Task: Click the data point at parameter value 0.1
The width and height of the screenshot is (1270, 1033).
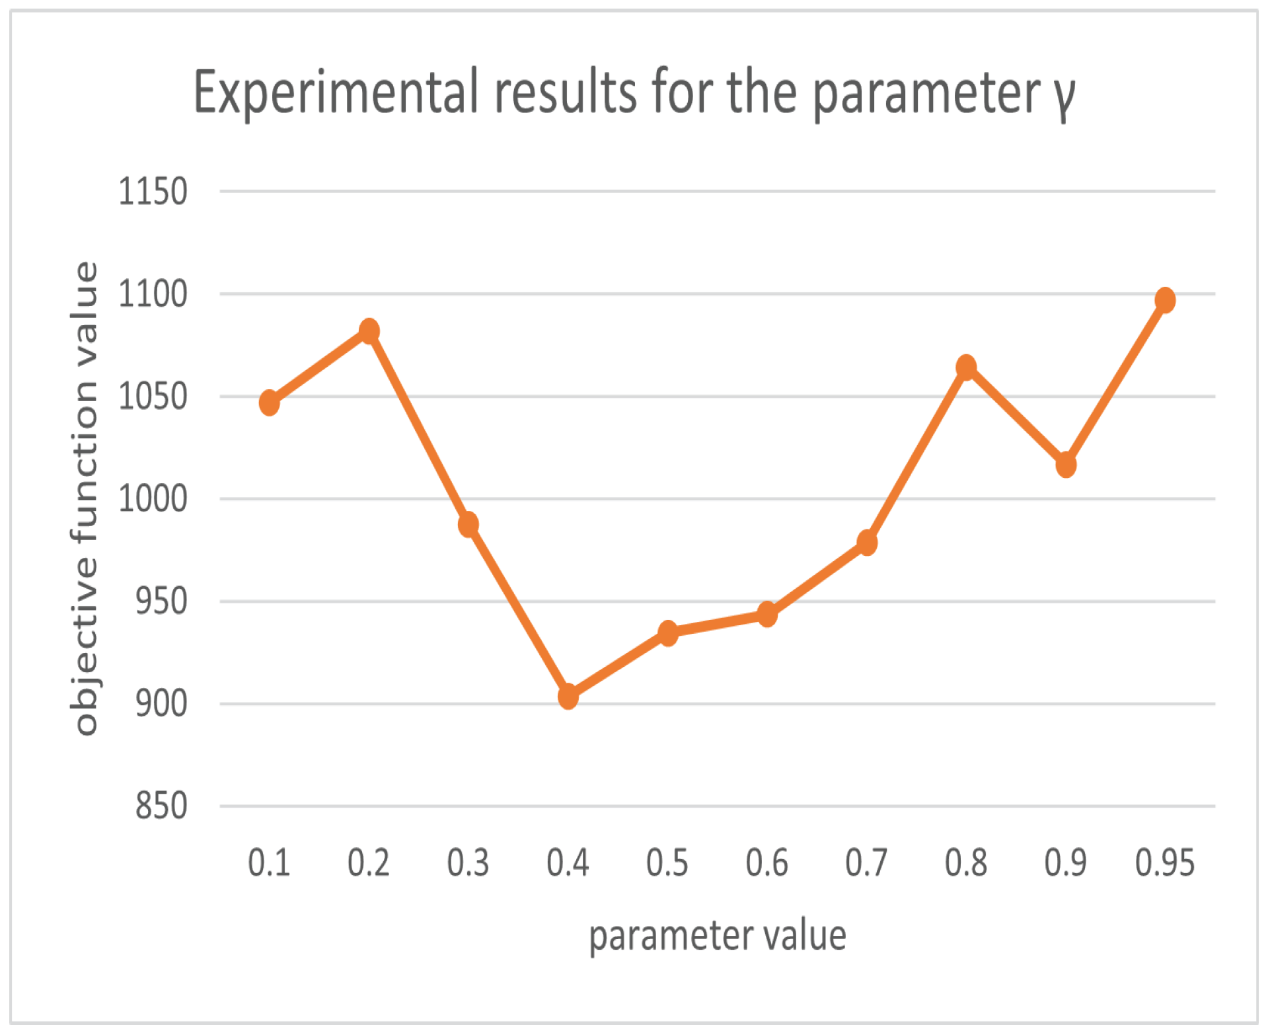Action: (269, 402)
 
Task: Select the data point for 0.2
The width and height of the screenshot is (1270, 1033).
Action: (369, 330)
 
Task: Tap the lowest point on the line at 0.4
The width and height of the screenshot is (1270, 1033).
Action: (568, 696)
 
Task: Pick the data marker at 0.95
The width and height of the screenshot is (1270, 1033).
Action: (1164, 300)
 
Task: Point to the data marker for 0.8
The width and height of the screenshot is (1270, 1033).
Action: (965, 367)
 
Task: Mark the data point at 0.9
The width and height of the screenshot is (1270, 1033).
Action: (1065, 465)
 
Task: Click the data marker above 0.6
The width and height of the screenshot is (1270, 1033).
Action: (766, 614)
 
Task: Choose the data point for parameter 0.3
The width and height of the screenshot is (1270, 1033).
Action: (468, 525)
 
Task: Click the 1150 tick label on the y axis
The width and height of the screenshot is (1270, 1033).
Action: (152, 192)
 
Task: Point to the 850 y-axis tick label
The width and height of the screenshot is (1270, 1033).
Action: (161, 806)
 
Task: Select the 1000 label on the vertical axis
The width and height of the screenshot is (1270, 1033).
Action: (152, 499)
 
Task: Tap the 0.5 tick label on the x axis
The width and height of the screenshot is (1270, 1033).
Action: (667, 863)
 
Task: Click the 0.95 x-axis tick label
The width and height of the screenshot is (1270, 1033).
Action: (1164, 863)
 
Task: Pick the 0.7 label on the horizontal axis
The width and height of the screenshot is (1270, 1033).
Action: (866, 863)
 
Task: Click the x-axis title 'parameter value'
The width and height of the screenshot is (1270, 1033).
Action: (717, 936)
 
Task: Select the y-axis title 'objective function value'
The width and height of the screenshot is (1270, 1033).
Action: (85, 499)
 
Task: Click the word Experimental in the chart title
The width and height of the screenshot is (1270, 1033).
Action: (335, 93)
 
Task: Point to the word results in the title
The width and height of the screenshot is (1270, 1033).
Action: (566, 93)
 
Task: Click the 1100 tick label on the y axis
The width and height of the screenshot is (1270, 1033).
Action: (152, 294)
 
